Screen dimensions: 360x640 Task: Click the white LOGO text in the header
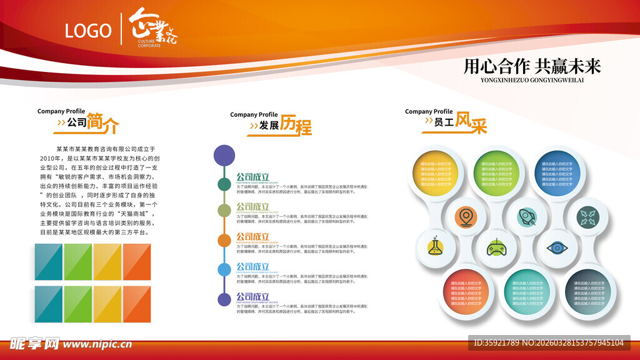pyautogui.click(x=88, y=31)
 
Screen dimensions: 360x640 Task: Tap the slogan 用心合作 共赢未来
pyautogui.click(x=532, y=67)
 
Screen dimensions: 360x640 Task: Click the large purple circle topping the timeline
pyautogui.click(x=224, y=155)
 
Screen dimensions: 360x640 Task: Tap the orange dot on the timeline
pyautogui.click(x=224, y=240)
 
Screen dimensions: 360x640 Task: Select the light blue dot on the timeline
pyautogui.click(x=224, y=269)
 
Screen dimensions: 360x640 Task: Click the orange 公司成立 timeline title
pyautogui.click(x=252, y=237)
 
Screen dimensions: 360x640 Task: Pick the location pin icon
pyautogui.click(x=465, y=217)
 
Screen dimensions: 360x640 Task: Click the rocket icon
pyautogui.click(x=526, y=217)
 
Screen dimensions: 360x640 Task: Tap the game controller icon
pyautogui.click(x=496, y=248)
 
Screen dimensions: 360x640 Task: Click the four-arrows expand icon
pyautogui.click(x=587, y=217)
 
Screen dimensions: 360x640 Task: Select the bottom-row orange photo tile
pyautogui.click(x=136, y=304)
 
